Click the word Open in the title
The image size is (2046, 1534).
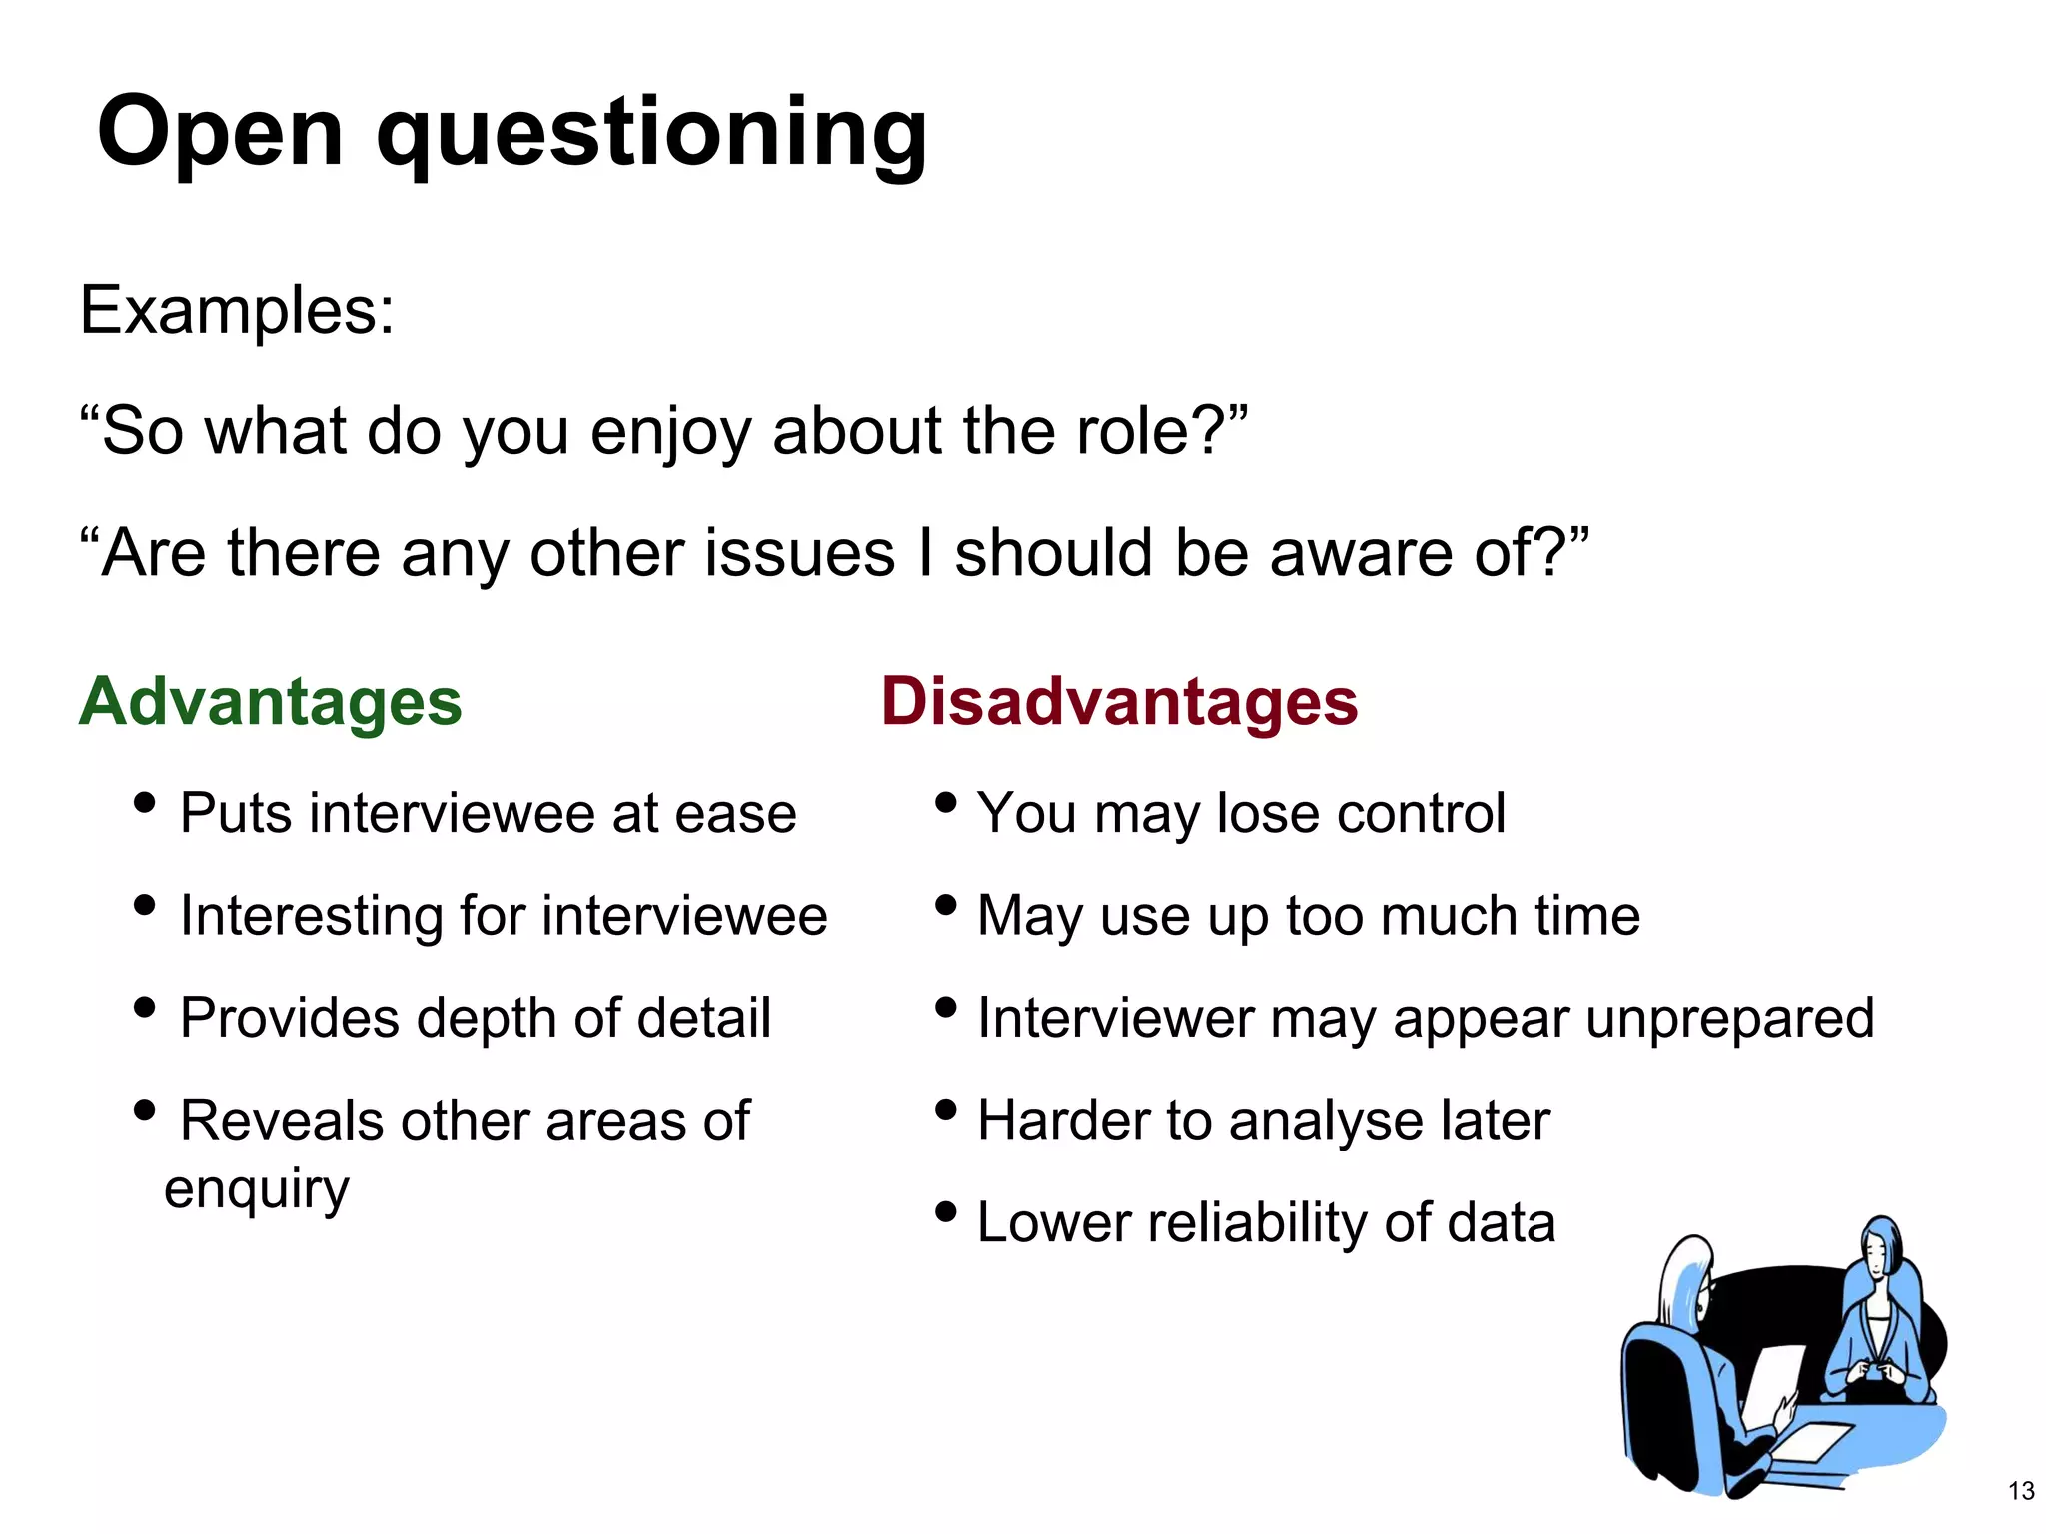pos(220,133)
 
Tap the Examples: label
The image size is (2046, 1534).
pos(237,310)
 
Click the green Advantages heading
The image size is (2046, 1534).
pos(270,701)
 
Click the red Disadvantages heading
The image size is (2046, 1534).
pos(1119,701)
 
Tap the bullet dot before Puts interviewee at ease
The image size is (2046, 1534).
pos(144,802)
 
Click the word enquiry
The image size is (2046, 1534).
pos(257,1189)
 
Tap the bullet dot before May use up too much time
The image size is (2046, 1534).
pos(945,905)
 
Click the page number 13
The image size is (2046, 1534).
pos(2020,1491)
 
